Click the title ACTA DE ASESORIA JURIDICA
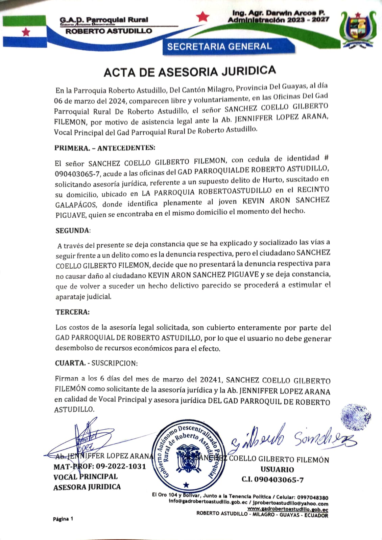point(190,71)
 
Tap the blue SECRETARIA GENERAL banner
point(219,47)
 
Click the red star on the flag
point(26,32)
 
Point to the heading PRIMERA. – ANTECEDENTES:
point(105,147)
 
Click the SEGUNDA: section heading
point(73,231)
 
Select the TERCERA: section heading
point(73,312)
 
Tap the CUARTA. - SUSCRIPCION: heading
point(96,363)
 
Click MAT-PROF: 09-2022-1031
point(100,466)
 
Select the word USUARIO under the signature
point(277,469)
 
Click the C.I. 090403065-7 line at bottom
point(272,480)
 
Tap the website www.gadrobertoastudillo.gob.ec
point(288,509)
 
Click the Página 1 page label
point(63,519)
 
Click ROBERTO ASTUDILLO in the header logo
point(109,31)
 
